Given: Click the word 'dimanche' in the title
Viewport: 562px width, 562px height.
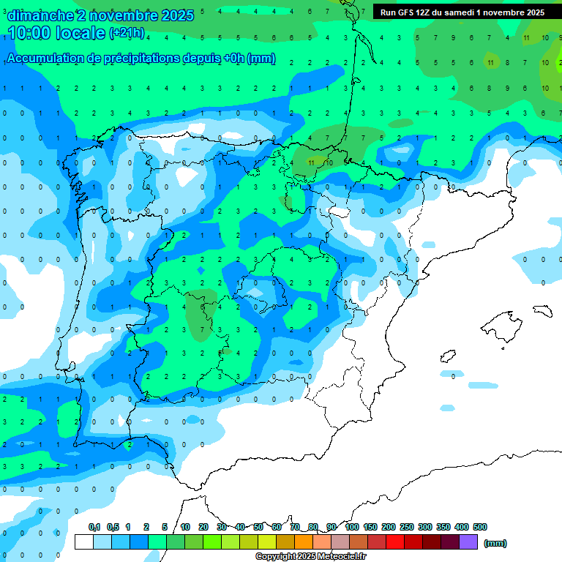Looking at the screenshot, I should point(40,15).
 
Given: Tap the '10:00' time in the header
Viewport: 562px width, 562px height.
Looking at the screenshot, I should point(30,32).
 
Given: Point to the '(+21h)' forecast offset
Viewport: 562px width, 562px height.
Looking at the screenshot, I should point(127,33).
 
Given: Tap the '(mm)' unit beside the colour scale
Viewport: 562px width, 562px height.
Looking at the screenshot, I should point(495,543).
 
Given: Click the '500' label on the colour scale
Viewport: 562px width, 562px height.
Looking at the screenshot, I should point(479,527).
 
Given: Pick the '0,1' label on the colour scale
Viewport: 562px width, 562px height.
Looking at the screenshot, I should point(94,527).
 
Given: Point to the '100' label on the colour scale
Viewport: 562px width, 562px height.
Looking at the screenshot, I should point(351,527).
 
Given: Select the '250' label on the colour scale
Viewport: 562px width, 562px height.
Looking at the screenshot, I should point(407,527).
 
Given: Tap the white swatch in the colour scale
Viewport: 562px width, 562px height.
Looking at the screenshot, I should point(83,542).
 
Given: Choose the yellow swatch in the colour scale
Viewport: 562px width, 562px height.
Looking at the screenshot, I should point(267,542).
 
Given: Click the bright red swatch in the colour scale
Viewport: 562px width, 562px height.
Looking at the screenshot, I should point(395,542).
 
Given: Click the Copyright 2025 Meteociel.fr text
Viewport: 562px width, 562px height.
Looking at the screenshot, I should point(311,556).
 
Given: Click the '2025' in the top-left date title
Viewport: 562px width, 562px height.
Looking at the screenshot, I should point(176,15).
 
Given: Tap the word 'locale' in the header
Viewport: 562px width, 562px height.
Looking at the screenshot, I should point(79,32).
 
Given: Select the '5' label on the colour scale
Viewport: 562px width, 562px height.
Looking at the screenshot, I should point(165,527).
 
